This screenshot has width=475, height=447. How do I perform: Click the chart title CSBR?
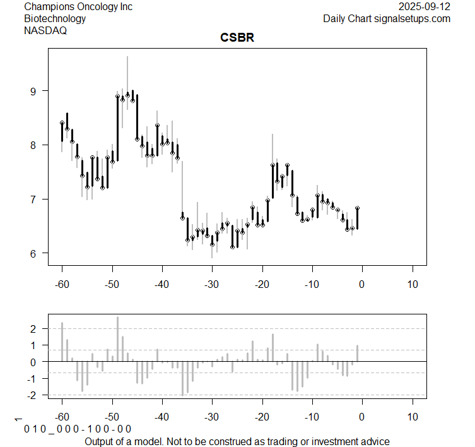coord(237,38)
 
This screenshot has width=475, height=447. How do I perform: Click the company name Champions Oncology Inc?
coord(78,7)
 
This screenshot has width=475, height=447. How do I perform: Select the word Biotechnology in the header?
coord(55,18)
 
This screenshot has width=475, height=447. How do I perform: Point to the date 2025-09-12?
coord(425,7)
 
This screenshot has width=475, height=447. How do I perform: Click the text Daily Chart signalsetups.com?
coord(387,18)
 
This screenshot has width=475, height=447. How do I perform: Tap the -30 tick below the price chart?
coord(212,283)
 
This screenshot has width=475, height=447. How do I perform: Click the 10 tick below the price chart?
coord(412,283)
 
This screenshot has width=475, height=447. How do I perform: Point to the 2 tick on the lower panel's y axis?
coord(33,329)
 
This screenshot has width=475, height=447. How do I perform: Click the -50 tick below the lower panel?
coord(112,417)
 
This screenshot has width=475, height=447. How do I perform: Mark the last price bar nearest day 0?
coord(357,218)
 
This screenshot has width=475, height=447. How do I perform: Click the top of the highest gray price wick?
coord(127,57)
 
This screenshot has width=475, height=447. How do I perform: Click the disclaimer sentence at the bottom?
coord(237,441)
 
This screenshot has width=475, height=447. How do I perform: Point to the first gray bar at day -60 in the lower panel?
coord(62,342)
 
